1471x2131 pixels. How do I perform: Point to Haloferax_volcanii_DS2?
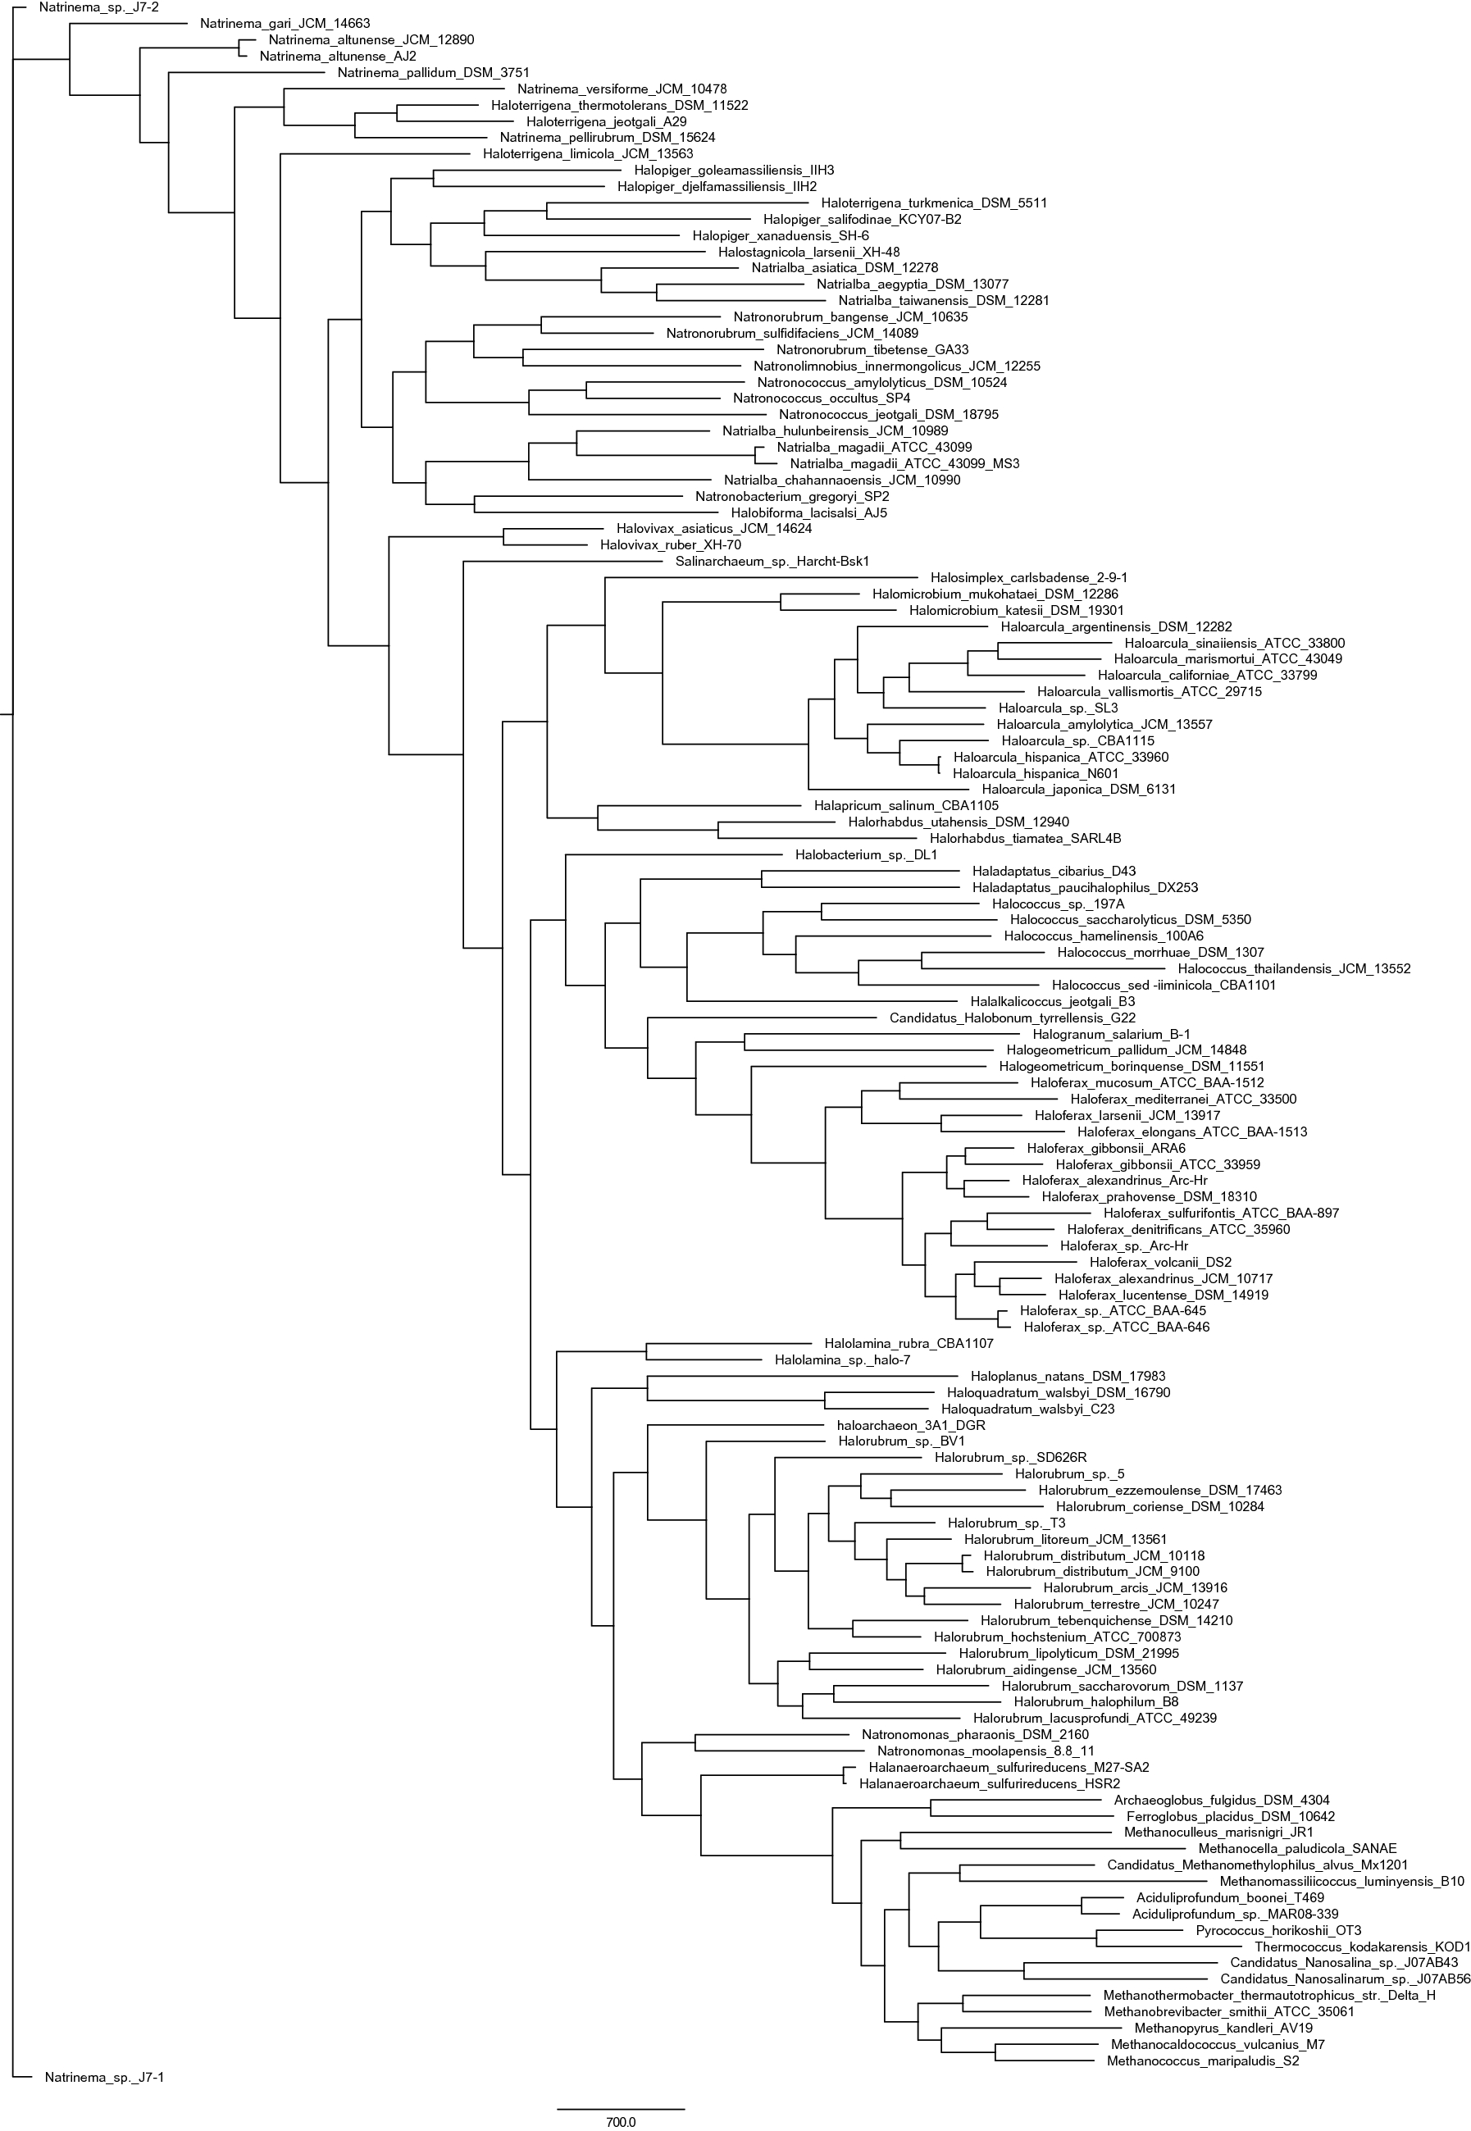[1159, 1263]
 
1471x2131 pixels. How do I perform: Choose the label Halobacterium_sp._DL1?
[865, 855]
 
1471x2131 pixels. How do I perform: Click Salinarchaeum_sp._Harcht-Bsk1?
[772, 562]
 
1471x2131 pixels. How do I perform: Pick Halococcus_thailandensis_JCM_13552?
[1293, 968]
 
